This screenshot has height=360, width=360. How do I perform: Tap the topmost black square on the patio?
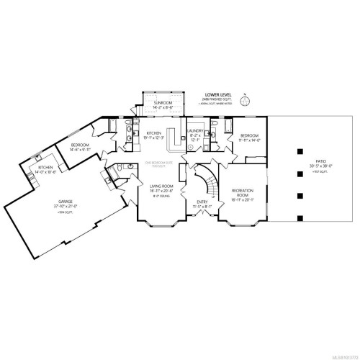[x=297, y=151]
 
